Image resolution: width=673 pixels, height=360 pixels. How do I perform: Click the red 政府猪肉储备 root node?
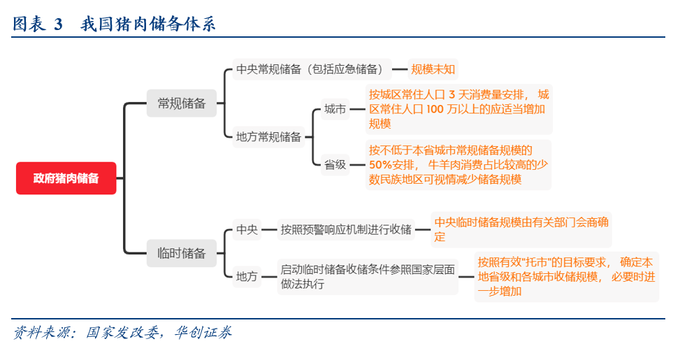point(66,178)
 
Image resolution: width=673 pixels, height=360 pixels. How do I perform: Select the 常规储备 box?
point(182,103)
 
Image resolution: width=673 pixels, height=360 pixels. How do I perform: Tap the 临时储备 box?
point(182,253)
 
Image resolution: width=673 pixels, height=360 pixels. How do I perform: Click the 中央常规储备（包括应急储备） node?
point(310,69)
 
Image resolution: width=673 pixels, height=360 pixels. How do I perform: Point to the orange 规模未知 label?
point(433,69)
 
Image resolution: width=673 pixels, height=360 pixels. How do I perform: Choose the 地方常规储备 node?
point(268,137)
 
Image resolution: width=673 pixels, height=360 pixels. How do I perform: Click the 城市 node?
point(335,109)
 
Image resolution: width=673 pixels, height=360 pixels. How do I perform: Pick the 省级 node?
point(335,165)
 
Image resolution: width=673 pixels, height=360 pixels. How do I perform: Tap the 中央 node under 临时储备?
point(247,229)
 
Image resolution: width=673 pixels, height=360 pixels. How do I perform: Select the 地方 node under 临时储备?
point(247,276)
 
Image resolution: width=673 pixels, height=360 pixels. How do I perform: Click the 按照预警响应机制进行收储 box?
point(346,229)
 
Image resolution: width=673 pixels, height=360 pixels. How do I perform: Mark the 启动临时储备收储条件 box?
point(368,276)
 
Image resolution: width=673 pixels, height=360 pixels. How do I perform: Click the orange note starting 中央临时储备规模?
point(522,229)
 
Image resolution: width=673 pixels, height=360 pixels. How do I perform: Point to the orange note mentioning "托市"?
point(566,276)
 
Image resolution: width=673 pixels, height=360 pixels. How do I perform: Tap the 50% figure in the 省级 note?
point(381,165)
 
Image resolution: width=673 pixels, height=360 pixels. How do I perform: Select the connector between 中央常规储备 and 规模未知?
point(399,69)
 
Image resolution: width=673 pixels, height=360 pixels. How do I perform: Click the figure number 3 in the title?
point(58,24)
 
